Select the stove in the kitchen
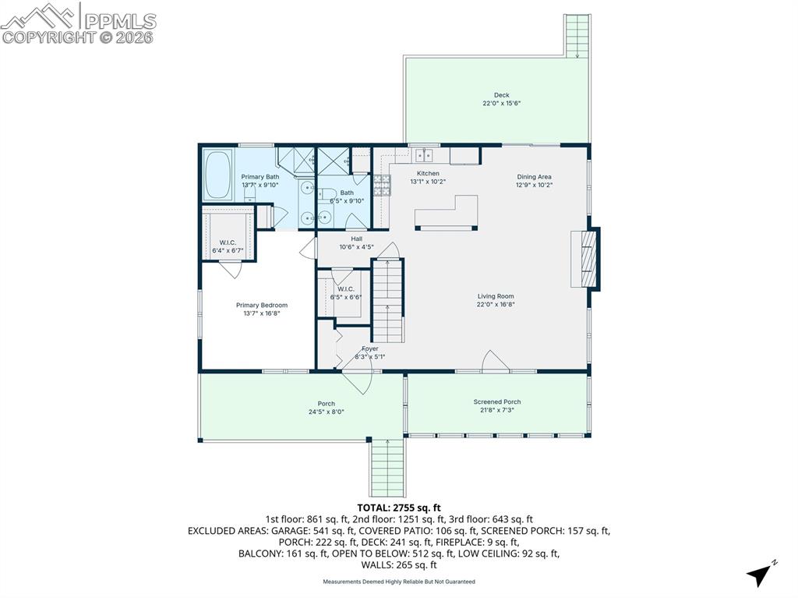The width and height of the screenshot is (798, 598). click(382, 186)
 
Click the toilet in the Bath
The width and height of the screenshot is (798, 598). click(329, 196)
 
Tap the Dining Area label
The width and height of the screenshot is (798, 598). click(534, 177)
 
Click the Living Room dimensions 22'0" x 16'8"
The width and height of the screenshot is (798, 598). click(496, 304)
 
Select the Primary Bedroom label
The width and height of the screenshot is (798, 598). click(262, 305)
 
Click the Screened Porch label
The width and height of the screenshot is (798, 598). click(496, 402)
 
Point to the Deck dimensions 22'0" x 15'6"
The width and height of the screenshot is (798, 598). click(501, 103)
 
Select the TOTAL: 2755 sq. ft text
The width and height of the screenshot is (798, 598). click(398, 508)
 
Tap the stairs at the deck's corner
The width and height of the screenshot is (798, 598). click(577, 35)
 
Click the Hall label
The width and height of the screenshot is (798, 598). click(356, 239)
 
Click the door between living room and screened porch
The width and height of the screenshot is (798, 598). click(495, 362)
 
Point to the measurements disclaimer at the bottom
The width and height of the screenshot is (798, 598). click(398, 582)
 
